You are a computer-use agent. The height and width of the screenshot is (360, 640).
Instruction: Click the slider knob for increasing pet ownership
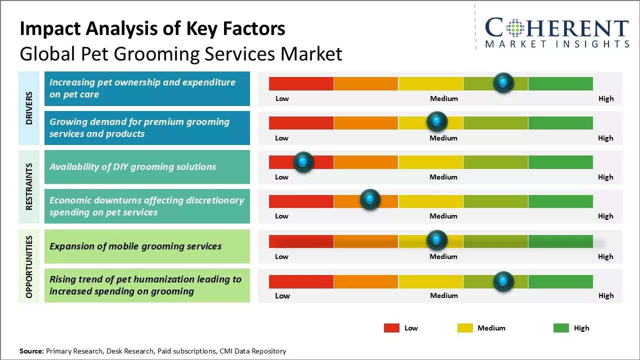[x=503, y=82]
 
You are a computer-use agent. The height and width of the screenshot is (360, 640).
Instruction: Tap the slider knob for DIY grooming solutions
[x=303, y=162]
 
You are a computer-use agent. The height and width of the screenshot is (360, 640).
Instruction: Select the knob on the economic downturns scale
[x=370, y=200]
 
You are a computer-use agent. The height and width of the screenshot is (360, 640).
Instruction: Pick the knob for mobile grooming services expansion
[x=437, y=240]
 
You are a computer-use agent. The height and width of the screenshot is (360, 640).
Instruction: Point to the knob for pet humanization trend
[x=503, y=281]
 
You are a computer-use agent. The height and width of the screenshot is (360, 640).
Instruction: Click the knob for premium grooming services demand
[x=437, y=121]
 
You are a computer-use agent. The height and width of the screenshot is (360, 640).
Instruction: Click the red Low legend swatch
[x=391, y=328]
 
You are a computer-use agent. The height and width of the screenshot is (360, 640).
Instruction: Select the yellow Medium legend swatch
[x=465, y=328]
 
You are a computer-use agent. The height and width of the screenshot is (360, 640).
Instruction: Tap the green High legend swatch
[x=561, y=328]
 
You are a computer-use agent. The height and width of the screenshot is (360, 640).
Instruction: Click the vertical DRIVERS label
[x=29, y=108]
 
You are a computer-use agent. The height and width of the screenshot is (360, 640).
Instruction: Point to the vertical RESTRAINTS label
[x=29, y=186]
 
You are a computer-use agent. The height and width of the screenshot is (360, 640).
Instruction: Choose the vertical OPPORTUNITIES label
[x=29, y=266]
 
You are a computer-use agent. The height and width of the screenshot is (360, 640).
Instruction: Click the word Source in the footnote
[x=31, y=351]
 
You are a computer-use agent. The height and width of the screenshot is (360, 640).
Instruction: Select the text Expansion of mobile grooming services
[x=135, y=246]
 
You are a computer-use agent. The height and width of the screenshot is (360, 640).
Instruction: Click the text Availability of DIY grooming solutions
[x=132, y=167]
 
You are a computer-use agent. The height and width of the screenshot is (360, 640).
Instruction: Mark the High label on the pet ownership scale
[x=605, y=98]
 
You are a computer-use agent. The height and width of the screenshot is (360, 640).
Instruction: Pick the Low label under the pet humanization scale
[x=282, y=295]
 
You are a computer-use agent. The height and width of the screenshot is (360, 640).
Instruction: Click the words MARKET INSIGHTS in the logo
[x=557, y=44]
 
